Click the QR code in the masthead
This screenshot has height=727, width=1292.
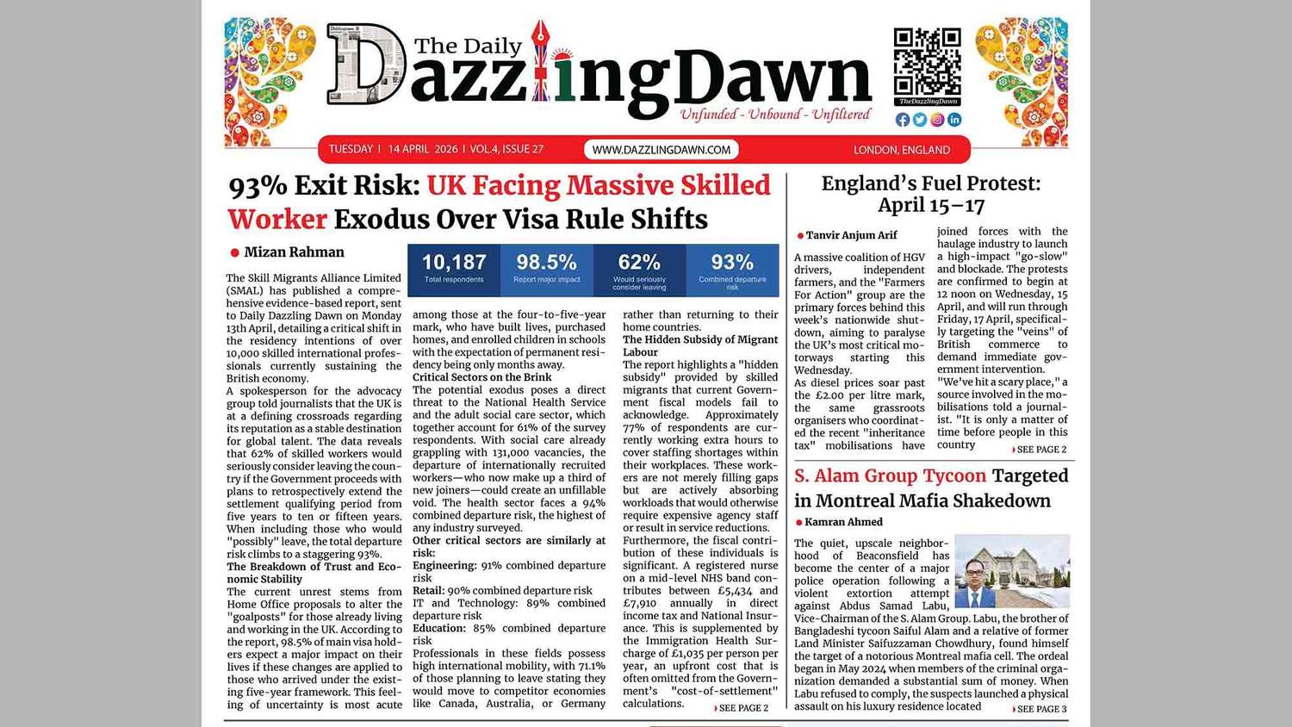click(927, 61)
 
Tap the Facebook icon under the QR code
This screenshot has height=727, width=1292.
click(903, 120)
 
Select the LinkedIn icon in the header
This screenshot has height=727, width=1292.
click(954, 120)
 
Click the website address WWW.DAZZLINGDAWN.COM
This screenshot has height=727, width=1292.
click(661, 150)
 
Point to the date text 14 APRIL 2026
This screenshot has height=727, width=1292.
click(422, 150)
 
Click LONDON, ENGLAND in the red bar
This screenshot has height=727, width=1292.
click(902, 150)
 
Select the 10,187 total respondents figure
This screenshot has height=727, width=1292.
click(454, 268)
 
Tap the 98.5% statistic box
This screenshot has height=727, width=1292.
click(546, 268)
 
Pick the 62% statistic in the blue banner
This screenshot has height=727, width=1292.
click(639, 268)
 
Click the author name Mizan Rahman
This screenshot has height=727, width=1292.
click(294, 252)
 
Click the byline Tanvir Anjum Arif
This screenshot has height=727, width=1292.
click(851, 235)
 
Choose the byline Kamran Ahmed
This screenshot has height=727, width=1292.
click(843, 522)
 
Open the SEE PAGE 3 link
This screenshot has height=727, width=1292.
click(1040, 709)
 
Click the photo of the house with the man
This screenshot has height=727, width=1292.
click(1012, 571)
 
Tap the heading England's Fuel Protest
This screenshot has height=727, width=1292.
click(930, 194)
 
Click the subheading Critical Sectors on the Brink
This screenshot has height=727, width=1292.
click(481, 377)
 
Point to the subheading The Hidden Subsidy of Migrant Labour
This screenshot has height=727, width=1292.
click(699, 345)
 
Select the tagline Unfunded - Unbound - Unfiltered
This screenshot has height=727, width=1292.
click(775, 115)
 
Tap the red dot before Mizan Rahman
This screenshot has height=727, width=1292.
click(234, 252)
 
